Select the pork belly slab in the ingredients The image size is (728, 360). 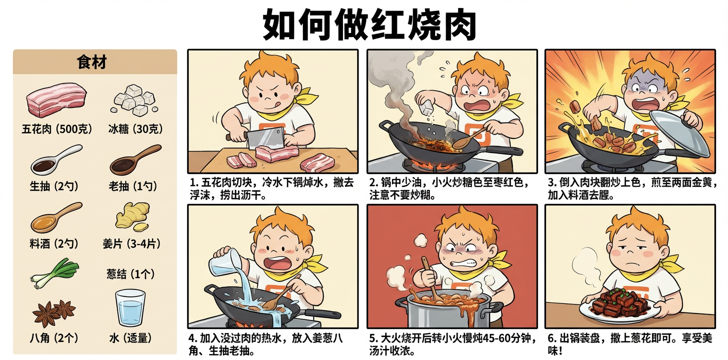coord(55,99)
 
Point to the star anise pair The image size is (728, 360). coord(53,312)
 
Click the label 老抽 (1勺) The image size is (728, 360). coord(132,186)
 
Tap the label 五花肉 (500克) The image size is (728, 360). coord(56,129)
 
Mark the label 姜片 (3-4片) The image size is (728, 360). coord(131,243)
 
